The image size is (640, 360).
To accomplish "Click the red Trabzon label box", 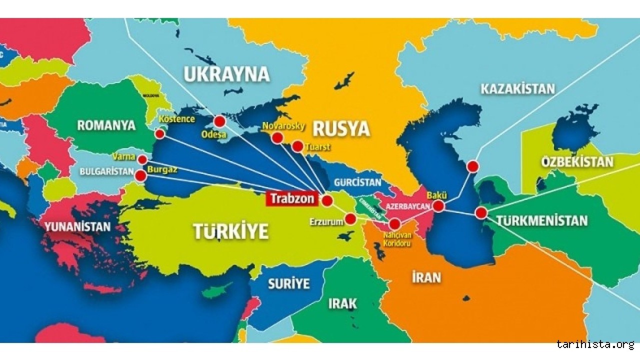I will tap(292, 198).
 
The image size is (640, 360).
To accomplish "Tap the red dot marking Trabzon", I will tap(327, 201).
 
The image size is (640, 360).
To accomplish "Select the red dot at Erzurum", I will tap(350, 218).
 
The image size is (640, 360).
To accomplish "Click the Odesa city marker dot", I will tap(219, 121).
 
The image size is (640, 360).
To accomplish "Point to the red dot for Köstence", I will tap(159, 134).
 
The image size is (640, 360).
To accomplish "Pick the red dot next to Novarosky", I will tap(277, 138).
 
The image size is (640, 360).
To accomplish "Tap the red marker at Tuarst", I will tap(297, 146).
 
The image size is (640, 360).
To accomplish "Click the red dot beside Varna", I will tap(142, 159).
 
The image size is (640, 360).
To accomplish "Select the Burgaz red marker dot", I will tap(141, 175).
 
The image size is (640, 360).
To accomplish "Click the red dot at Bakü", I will tap(438, 206).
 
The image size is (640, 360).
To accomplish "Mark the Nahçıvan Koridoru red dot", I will tap(395, 223).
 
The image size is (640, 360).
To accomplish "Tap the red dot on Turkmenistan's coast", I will tap(481, 213).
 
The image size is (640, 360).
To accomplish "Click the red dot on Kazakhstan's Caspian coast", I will tap(472, 166).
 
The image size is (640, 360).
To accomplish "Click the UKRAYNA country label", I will tap(226, 74).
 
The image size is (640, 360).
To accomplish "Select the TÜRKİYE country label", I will tap(230, 231).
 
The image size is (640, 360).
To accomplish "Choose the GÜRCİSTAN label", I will tap(357, 182).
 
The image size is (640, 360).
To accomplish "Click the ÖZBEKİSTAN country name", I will tap(577, 162).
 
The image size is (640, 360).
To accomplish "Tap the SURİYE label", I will tap(288, 284).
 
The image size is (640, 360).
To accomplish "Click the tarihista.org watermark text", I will tap(595, 344).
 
